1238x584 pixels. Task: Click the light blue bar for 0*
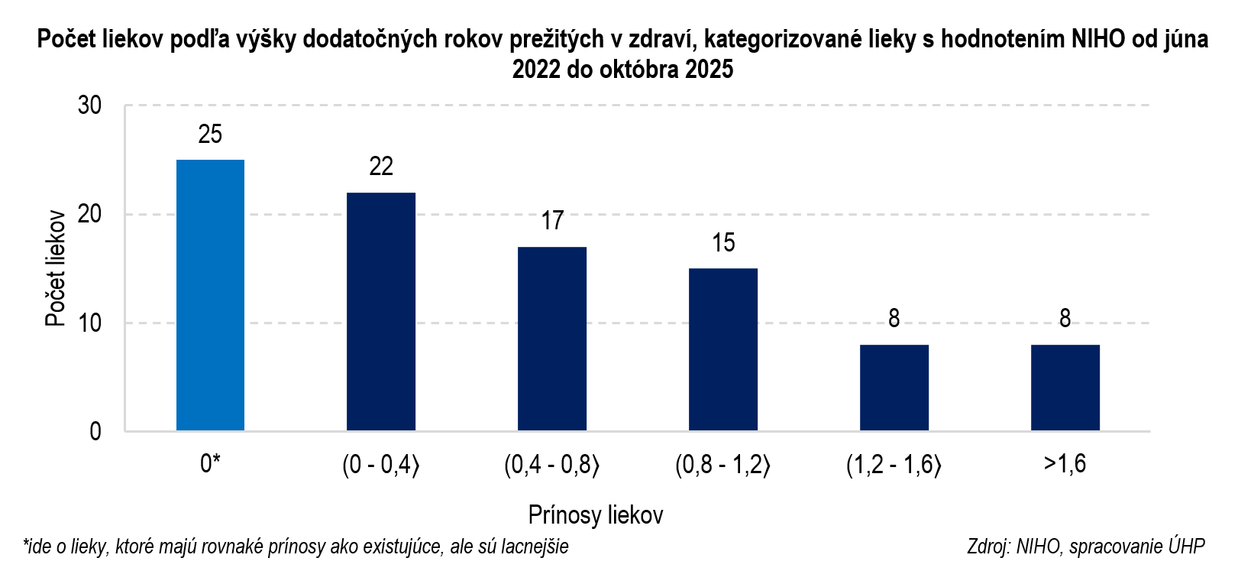click(x=210, y=295)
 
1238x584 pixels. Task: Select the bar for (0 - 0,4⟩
click(x=381, y=312)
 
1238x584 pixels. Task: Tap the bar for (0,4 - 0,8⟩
click(x=552, y=339)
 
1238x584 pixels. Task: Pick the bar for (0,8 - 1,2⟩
click(x=723, y=349)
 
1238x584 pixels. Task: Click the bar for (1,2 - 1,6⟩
click(x=894, y=388)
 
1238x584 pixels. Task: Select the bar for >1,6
click(x=1065, y=388)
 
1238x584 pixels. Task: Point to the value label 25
click(x=210, y=135)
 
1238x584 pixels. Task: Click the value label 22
click(x=381, y=167)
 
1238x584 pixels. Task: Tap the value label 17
click(x=552, y=221)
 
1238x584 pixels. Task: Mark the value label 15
click(x=723, y=243)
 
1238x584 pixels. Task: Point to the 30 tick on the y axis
click(x=89, y=105)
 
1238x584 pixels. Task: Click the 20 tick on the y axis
click(x=89, y=214)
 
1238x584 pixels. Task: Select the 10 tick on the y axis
click(x=89, y=323)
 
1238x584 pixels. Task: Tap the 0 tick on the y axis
click(x=95, y=432)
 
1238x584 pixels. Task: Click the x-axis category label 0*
click(x=210, y=464)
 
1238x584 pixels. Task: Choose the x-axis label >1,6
click(x=1065, y=464)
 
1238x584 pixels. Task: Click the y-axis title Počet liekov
click(x=55, y=268)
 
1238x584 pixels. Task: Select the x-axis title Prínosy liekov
click(x=596, y=515)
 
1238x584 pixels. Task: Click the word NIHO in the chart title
click(x=1098, y=39)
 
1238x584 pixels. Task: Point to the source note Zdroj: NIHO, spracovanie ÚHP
click(x=1085, y=547)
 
